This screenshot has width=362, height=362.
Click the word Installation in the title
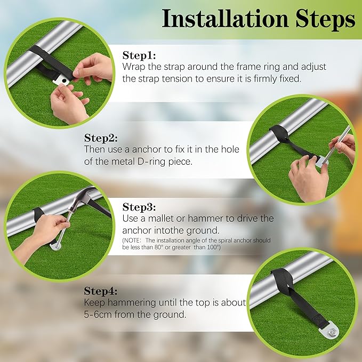click(x=225, y=19)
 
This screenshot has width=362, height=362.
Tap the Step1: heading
click(x=139, y=55)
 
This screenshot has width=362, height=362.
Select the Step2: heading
click(x=101, y=138)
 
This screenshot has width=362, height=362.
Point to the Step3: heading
click(x=139, y=207)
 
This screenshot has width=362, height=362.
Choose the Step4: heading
click(x=101, y=291)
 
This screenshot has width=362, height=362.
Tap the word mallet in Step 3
click(x=160, y=218)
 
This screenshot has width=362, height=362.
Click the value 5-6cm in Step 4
click(x=98, y=315)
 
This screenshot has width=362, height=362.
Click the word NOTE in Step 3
click(x=132, y=240)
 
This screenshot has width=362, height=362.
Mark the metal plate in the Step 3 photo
click(x=55, y=246)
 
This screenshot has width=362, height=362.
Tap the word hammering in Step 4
click(x=132, y=303)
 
